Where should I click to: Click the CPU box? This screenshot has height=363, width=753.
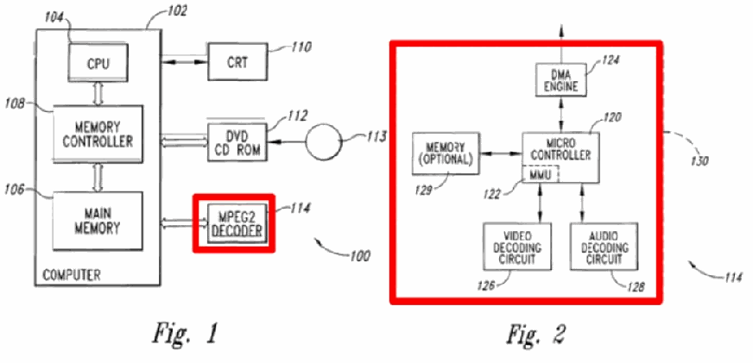pyautogui.click(x=98, y=61)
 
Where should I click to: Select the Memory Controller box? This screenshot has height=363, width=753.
pyautogui.click(x=98, y=135)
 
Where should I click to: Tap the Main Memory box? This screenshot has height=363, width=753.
pyautogui.click(x=98, y=221)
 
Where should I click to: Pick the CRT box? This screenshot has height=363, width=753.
pyautogui.click(x=237, y=61)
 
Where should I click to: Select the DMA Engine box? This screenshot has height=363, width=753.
pyautogui.click(x=560, y=80)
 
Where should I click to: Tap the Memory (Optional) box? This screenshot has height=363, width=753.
pyautogui.click(x=446, y=153)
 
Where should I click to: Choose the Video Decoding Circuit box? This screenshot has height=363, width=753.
pyautogui.click(x=516, y=246)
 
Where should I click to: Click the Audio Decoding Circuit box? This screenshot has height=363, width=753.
pyautogui.click(x=604, y=246)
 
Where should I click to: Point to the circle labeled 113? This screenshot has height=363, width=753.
pyautogui.click(x=323, y=141)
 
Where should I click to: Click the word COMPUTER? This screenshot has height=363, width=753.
pyautogui.click(x=71, y=275)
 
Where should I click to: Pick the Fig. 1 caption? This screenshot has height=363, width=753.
pyautogui.click(x=186, y=334)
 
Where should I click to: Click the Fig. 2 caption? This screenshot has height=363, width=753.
pyautogui.click(x=536, y=334)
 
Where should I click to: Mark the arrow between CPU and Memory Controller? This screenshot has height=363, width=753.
pyautogui.click(x=98, y=93)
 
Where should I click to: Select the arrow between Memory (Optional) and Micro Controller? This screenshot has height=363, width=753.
pyautogui.click(x=501, y=153)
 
